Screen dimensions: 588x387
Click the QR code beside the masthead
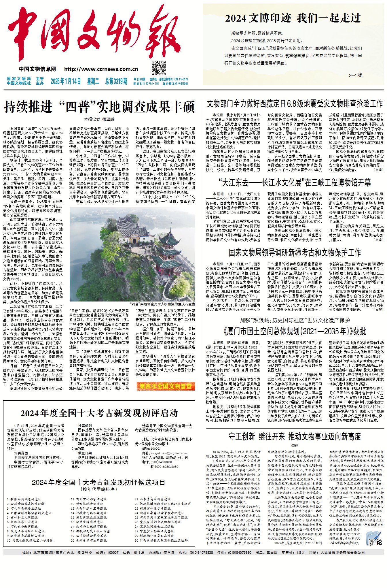pyautogui.click(x=158, y=68)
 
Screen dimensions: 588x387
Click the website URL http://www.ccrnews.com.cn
pyautogui.click(x=101, y=69)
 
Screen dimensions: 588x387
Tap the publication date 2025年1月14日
pyautogui.click(x=66, y=81)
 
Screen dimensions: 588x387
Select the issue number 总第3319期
pyautogui.click(x=116, y=81)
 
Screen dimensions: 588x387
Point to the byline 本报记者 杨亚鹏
pyautogui.click(x=99, y=119)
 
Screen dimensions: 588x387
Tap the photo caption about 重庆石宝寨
pyautogui.click(x=162, y=304)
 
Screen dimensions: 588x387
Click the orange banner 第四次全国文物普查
pyautogui.click(x=166, y=386)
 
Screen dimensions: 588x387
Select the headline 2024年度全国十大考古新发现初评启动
pyautogui.click(x=99, y=413)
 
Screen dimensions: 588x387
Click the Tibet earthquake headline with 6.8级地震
pyautogui.click(x=295, y=104)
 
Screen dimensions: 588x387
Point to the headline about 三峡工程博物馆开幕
pyautogui.click(x=295, y=182)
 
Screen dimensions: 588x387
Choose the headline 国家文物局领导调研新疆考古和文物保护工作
pyautogui.click(x=295, y=252)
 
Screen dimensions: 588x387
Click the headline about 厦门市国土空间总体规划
pyautogui.click(x=295, y=331)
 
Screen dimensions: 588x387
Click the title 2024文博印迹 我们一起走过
pyautogui.click(x=293, y=18)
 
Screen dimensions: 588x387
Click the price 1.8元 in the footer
pyautogui.click(x=301, y=553)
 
